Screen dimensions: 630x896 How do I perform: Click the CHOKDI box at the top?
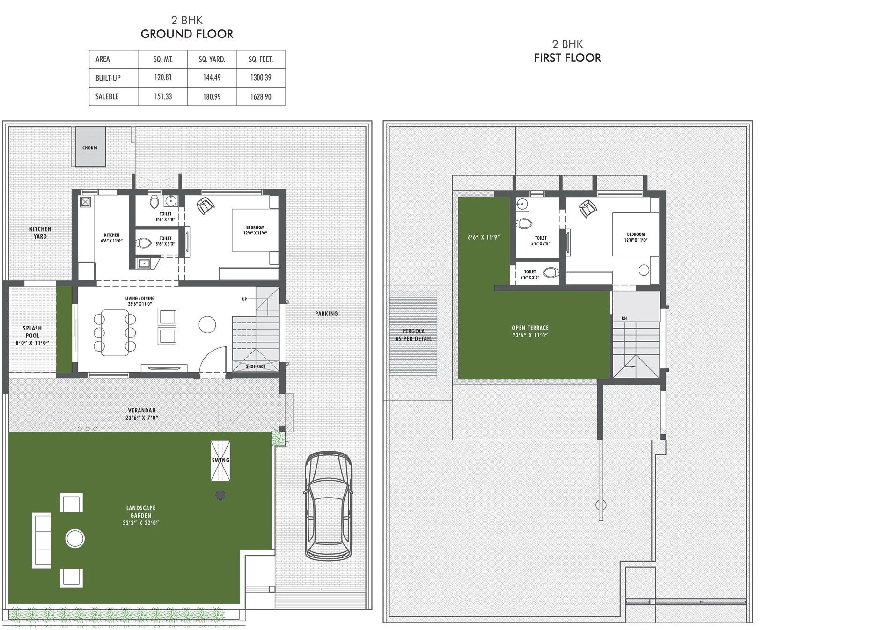pos(90,147)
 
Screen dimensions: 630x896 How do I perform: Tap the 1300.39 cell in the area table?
pos(260,78)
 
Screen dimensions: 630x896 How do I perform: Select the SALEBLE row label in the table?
pos(107,96)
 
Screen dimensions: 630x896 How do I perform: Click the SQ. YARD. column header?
pos(212,59)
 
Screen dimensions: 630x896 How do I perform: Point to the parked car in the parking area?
pos(328,505)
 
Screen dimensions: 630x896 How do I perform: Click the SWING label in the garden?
pos(220,460)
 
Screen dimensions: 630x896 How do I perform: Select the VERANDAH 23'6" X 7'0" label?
pos(142,414)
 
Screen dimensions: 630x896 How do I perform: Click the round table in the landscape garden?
pos(75,538)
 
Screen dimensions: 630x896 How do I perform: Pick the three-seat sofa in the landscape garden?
pos(41,540)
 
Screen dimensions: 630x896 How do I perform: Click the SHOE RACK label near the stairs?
pos(256,366)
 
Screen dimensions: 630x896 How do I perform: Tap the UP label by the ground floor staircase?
pos(244,299)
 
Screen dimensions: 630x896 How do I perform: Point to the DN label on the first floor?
pos(624,318)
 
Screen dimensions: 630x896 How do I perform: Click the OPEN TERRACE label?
pos(530,331)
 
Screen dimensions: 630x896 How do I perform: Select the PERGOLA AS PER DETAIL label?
pos(413,335)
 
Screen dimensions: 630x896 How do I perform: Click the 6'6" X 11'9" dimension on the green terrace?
pos(484,237)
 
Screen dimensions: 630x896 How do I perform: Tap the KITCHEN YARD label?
pos(40,233)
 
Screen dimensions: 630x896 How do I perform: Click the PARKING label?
pos(326,314)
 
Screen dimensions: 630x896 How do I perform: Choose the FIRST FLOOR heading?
pos(567,58)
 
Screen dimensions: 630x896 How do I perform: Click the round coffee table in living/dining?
pos(207,324)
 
